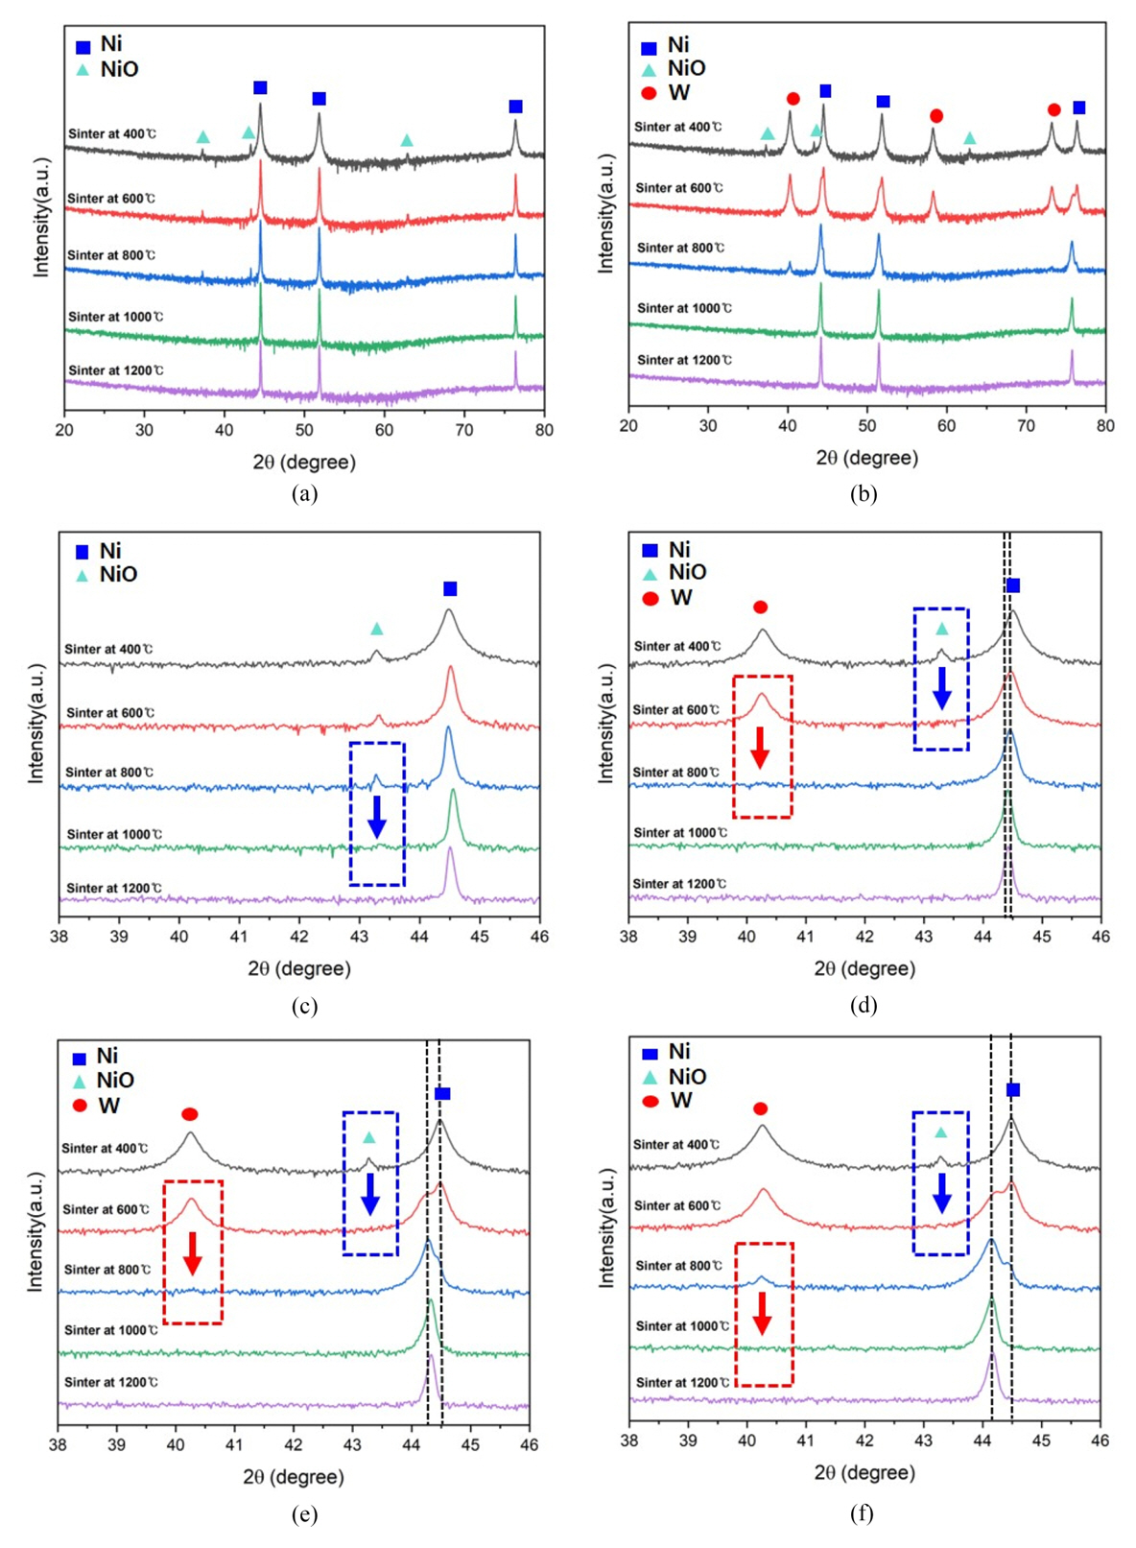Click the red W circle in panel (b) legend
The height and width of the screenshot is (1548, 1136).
click(x=649, y=93)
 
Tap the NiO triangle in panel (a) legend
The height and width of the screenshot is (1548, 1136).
click(x=83, y=70)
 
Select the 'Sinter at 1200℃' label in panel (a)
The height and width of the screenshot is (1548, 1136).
click(x=115, y=370)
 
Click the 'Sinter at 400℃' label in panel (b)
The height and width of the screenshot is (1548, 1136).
click(x=677, y=127)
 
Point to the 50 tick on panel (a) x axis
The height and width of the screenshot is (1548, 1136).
click(x=304, y=430)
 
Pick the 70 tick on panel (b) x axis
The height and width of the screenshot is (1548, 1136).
click(x=1026, y=425)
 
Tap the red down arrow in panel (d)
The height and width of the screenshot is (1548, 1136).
click(x=761, y=748)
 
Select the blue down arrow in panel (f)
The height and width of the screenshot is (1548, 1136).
click(x=942, y=1193)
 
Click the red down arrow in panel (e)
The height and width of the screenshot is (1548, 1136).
click(x=192, y=1252)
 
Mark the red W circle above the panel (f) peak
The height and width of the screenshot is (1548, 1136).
click(x=761, y=1108)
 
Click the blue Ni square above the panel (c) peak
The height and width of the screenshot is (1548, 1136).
click(x=450, y=588)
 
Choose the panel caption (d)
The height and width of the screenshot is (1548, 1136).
click(x=863, y=1005)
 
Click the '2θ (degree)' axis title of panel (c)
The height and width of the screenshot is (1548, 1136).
click(x=299, y=968)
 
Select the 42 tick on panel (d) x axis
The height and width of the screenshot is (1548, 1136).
click(x=864, y=936)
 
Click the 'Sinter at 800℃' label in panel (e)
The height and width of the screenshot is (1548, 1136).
click(x=106, y=1270)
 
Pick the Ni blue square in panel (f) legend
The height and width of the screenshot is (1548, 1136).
click(x=650, y=1053)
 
